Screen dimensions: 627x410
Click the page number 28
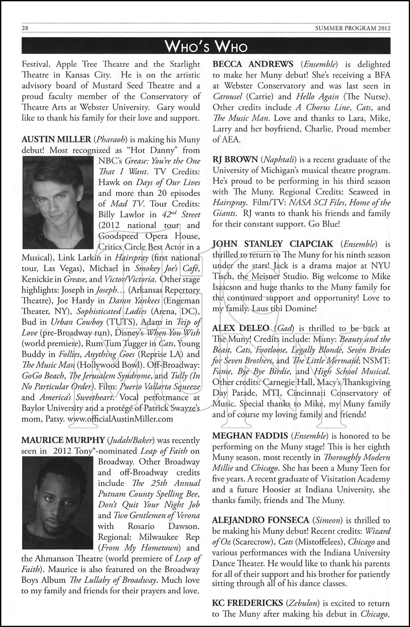[25, 28]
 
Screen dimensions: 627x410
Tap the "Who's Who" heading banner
[206, 46]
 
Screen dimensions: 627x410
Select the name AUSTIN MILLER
[56, 139]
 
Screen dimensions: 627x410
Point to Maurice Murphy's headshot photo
[57, 503]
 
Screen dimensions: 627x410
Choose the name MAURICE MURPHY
[63, 440]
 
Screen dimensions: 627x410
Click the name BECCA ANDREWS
[253, 64]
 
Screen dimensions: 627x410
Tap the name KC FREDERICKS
[248, 603]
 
